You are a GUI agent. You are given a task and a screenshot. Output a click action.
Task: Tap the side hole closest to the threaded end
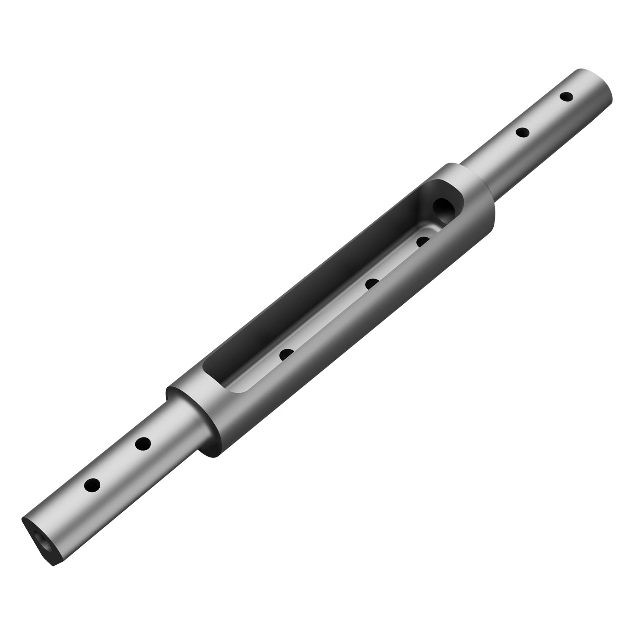tap(92, 485)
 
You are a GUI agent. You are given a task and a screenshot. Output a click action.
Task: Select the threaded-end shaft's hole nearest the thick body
tap(143, 444)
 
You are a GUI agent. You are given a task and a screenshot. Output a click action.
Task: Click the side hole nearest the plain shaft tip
tap(566, 97)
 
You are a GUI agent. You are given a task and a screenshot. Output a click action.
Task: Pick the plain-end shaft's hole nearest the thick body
tap(523, 133)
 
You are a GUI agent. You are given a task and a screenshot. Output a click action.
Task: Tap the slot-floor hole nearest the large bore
tap(423, 241)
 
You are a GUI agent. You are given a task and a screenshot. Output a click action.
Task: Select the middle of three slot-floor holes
tap(372, 284)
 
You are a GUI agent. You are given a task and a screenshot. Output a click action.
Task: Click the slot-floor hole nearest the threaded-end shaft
tap(287, 354)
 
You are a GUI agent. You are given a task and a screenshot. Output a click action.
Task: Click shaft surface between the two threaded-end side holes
tap(118, 464)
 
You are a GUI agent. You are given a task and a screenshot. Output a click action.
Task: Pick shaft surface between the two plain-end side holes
tap(544, 115)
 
